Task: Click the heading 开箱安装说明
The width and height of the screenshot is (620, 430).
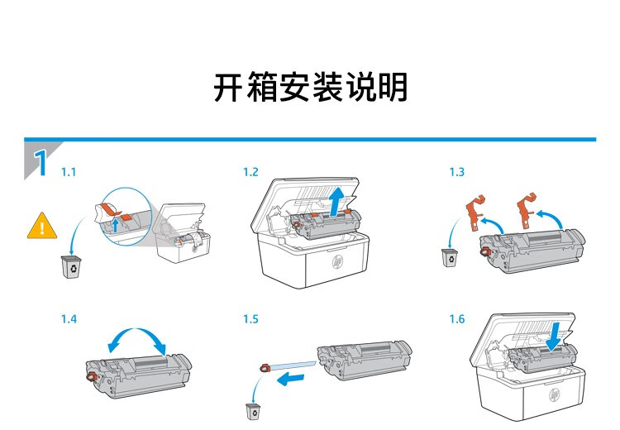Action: pos(311,88)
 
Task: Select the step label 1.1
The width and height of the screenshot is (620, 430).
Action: pos(69,173)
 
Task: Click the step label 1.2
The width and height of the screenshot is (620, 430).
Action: pos(250,172)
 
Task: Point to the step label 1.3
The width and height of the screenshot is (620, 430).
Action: pos(457,172)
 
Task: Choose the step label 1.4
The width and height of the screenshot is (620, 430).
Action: pos(69,318)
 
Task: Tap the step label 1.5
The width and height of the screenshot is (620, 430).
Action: pos(250,318)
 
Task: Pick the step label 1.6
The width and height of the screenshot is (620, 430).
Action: pos(457,318)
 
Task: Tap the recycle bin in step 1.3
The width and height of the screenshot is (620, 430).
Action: pos(451,258)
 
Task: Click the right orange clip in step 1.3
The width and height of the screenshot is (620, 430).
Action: pos(525,210)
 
